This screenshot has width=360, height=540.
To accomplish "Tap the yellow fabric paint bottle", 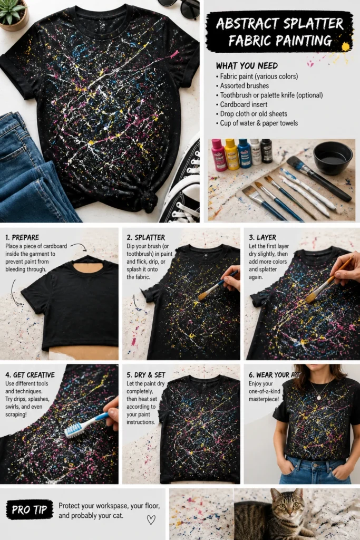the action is click(231, 155).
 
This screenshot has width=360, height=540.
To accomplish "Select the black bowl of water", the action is click(333, 158).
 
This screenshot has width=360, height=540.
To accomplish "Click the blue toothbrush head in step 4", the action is click(74, 430).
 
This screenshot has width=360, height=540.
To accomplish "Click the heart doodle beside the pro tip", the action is click(151, 519).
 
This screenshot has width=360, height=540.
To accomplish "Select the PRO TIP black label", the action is click(30, 510).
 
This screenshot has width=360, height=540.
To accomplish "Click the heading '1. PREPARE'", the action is click(22, 237).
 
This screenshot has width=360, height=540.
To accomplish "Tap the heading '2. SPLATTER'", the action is click(145, 237).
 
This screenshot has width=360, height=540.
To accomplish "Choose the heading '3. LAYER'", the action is click(262, 237).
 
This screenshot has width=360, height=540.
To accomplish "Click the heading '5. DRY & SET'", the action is click(146, 375).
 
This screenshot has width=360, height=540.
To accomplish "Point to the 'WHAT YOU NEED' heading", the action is click(247, 65).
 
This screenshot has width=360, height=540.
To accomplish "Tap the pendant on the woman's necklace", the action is click(319, 398).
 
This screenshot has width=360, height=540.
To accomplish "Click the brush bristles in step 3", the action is click(312, 297).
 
